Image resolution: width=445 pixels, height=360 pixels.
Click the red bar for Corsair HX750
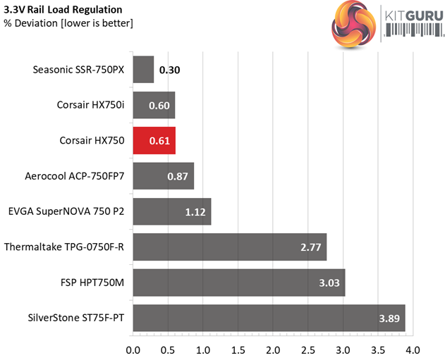(154, 141)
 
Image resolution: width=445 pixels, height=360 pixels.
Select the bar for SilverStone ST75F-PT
(269, 318)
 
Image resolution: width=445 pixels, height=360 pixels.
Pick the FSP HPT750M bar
(238, 283)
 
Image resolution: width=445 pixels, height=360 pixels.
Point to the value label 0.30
(169, 70)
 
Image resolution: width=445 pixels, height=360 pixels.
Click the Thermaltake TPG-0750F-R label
(64, 247)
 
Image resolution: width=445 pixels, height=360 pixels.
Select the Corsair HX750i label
(91, 105)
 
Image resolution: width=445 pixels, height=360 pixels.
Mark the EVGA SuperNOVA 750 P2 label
(67, 211)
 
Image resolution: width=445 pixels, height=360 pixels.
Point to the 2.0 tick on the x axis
(273, 349)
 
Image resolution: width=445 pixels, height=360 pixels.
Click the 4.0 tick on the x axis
(413, 349)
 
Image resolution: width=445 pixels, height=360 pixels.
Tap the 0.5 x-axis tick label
(168, 349)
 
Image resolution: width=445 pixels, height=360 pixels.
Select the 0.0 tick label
(133, 349)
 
